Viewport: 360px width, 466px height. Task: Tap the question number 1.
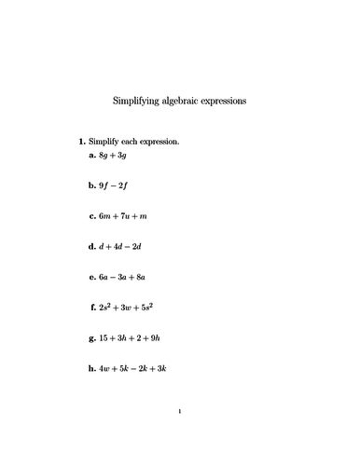point(82,142)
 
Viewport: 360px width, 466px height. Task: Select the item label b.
point(91,186)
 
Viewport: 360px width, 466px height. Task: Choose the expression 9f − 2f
point(114,186)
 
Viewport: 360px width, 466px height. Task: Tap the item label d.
point(91,246)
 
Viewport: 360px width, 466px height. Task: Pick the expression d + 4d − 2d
point(121,246)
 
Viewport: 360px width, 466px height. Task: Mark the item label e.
point(91,277)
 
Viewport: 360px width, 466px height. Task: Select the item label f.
point(92,307)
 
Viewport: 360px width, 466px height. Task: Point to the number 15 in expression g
point(104,337)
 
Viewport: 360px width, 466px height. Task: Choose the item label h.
point(91,367)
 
